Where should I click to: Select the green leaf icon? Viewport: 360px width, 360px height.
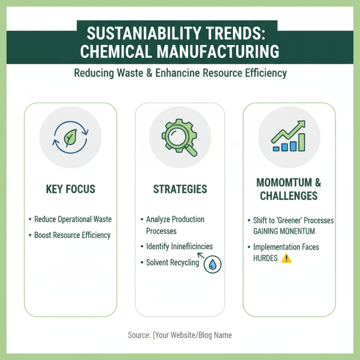click(70, 137)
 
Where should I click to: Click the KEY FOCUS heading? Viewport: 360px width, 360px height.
click(70, 189)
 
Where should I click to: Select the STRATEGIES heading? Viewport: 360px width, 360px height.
click(180, 189)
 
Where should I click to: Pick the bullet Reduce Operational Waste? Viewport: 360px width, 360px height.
click(73, 220)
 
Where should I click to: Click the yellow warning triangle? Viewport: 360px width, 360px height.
click(286, 258)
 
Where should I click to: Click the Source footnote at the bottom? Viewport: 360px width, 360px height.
click(180, 335)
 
